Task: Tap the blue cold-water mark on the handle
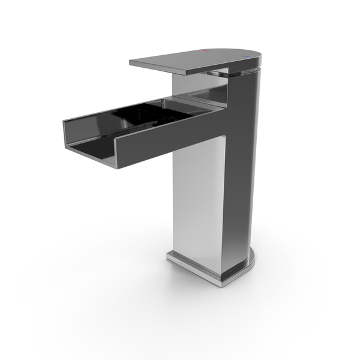click(245, 57)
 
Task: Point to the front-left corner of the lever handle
click(131, 62)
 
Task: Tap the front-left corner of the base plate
click(169, 257)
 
